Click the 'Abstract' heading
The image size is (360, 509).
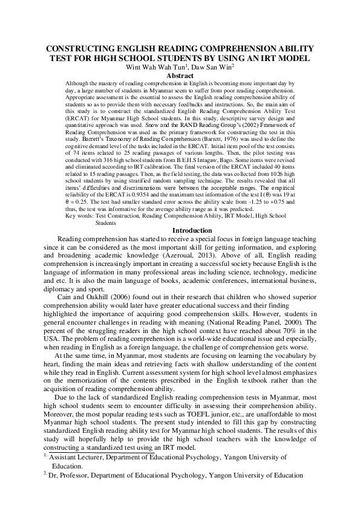coord(180,76)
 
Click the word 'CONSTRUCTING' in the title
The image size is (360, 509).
coord(86,49)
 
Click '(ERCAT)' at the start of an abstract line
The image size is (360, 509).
coord(77,125)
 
